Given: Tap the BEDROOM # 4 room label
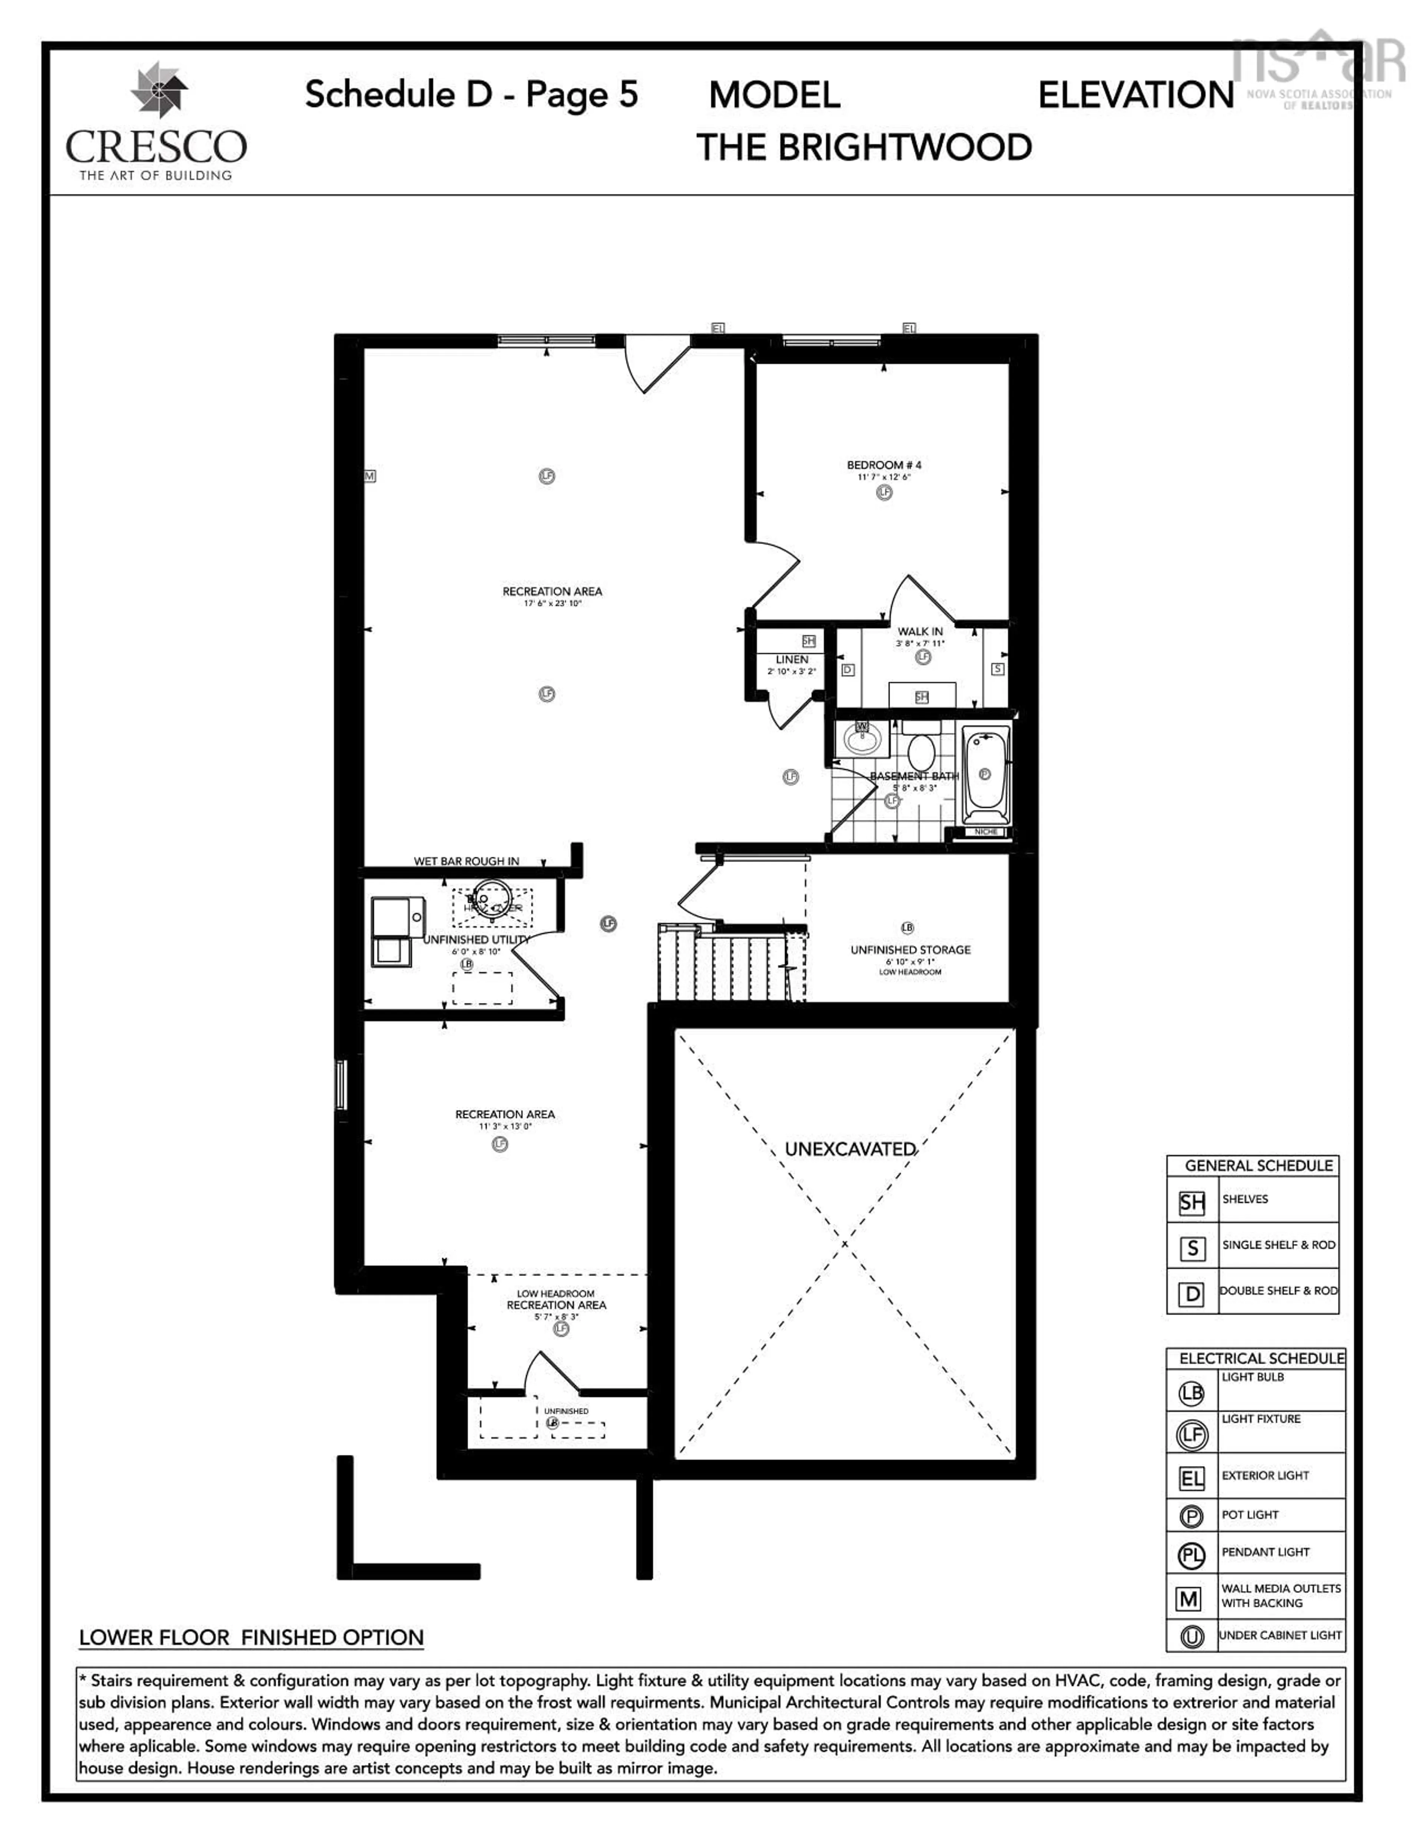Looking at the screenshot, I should tap(883, 465).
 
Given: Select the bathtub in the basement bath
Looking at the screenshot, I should tap(985, 774).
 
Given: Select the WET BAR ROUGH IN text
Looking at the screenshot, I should tap(466, 861).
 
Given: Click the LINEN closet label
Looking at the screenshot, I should tap(792, 659).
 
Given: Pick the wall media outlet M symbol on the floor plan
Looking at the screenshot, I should tap(369, 476).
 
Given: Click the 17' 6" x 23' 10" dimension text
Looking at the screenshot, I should tap(552, 604).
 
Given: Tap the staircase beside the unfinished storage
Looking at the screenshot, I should tap(732, 964).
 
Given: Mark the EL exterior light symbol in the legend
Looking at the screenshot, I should tap(1191, 1478).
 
